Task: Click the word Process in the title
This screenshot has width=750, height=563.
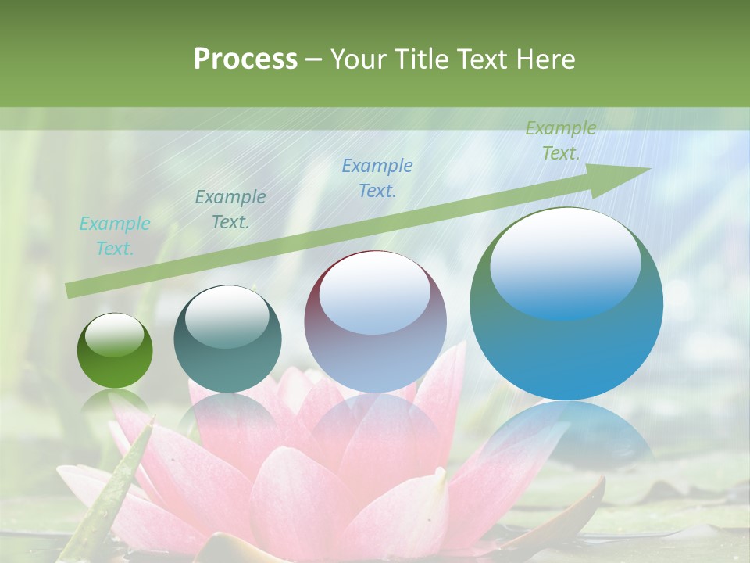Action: [x=245, y=59]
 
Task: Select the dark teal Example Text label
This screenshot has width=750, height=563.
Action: [x=230, y=210]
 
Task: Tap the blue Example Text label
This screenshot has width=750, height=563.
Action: [x=377, y=178]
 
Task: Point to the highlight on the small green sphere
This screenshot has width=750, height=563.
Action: [x=114, y=335]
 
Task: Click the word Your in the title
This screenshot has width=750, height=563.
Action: [x=356, y=59]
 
